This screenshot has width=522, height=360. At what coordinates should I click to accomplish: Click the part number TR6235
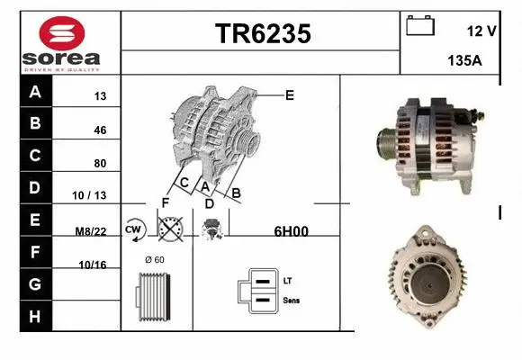[263, 34]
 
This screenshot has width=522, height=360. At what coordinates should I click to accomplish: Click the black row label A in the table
[35, 92]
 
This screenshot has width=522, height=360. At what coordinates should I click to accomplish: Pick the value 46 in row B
[100, 130]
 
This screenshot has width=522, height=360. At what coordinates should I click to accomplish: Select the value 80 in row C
[100, 163]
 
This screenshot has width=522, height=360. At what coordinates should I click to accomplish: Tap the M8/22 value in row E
[91, 231]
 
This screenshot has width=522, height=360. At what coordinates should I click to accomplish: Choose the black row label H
[35, 316]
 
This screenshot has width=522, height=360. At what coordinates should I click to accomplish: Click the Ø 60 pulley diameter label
[154, 261]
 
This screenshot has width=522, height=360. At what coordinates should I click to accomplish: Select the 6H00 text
[291, 231]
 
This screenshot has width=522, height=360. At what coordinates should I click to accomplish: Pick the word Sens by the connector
[292, 300]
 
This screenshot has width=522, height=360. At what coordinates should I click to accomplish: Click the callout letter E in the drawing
[290, 94]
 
